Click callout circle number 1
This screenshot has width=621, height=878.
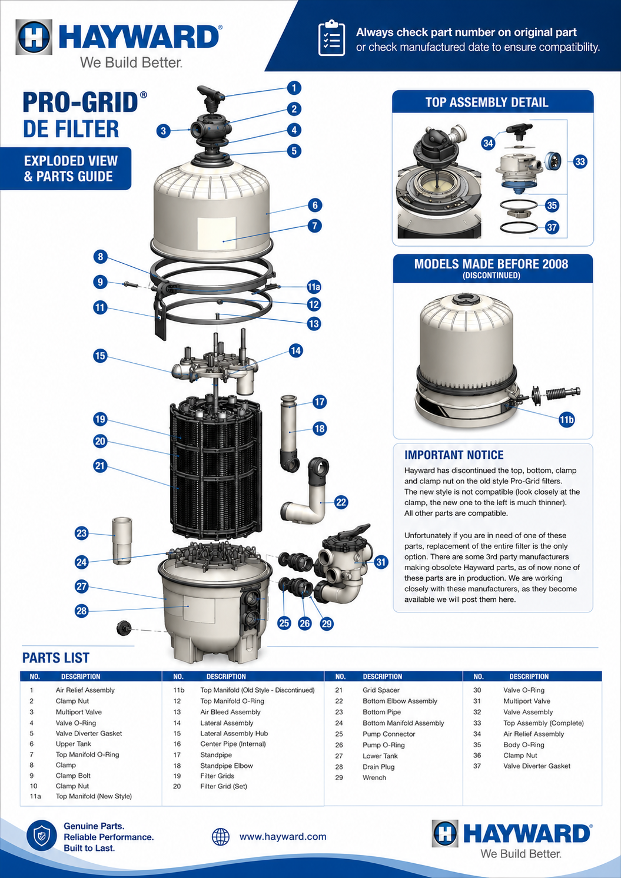(x=294, y=88)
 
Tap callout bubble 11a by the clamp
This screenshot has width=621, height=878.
(x=313, y=287)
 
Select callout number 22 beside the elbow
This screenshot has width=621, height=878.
(x=341, y=502)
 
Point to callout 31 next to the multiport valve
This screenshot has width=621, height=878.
(x=381, y=562)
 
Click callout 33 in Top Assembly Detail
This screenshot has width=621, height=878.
(x=580, y=161)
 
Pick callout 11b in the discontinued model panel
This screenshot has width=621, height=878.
(x=566, y=420)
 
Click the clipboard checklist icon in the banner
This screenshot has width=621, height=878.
(x=331, y=38)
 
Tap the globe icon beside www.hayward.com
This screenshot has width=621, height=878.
(x=221, y=837)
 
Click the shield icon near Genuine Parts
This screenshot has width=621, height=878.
(x=42, y=835)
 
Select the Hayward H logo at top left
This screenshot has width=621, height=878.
(x=34, y=37)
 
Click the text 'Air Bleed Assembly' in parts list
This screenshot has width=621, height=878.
(x=230, y=712)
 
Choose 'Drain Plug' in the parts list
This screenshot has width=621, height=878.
(x=378, y=767)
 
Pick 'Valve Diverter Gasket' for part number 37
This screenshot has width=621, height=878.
(x=537, y=766)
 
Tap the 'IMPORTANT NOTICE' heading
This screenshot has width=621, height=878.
(x=454, y=455)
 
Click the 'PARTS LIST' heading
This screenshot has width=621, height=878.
(x=56, y=658)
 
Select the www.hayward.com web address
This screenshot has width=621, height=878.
(x=283, y=836)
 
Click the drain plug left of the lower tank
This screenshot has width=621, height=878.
(x=124, y=628)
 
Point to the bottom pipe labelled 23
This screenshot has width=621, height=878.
(x=122, y=541)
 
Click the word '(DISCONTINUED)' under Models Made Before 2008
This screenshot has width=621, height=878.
(x=492, y=275)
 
